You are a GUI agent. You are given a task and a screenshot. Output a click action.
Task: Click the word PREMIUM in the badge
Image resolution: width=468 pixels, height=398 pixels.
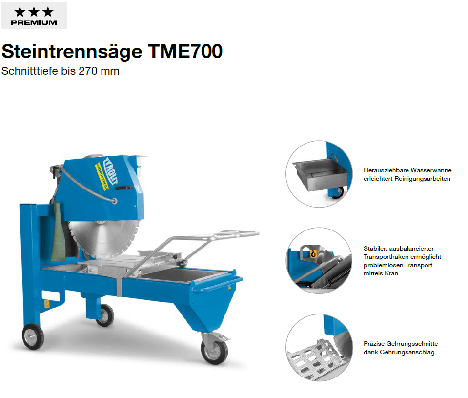[34, 22]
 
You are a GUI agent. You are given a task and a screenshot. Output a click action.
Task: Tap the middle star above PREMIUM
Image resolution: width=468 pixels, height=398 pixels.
[34, 12]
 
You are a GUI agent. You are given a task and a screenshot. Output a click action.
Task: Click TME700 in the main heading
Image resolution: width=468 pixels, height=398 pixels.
[185, 51]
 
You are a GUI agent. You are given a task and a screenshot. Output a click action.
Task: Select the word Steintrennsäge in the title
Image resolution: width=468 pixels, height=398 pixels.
[72, 52]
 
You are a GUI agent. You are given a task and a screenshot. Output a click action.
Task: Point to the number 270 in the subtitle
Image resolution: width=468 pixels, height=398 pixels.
[88, 71]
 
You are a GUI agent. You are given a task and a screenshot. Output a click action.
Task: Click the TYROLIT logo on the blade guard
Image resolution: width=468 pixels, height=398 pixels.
[110, 170]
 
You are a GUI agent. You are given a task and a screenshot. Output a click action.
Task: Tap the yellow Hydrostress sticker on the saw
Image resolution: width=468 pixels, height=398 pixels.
[102, 176]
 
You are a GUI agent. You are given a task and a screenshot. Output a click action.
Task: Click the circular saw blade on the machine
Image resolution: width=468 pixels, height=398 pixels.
[104, 239]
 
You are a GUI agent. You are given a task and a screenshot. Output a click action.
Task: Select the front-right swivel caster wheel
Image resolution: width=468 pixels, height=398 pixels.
[214, 352]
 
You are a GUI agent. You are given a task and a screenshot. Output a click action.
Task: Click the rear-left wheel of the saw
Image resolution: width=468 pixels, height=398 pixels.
[33, 337]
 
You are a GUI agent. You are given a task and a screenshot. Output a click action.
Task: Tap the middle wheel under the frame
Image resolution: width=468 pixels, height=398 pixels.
[105, 315]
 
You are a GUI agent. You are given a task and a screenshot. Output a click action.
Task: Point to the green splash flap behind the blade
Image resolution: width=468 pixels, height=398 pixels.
[59, 232]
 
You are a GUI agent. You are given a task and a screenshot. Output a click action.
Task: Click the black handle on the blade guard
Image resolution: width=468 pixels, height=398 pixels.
[123, 188]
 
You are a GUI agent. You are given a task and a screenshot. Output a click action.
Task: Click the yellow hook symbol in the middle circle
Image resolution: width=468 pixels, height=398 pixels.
[313, 253]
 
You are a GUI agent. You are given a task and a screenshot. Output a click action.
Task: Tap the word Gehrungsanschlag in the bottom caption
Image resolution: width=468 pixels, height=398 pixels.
[407, 352]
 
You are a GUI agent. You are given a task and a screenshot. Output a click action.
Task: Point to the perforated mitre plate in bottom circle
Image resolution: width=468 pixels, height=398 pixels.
[313, 358]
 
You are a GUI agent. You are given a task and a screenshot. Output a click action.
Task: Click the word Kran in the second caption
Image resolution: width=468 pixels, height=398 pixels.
[391, 273]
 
